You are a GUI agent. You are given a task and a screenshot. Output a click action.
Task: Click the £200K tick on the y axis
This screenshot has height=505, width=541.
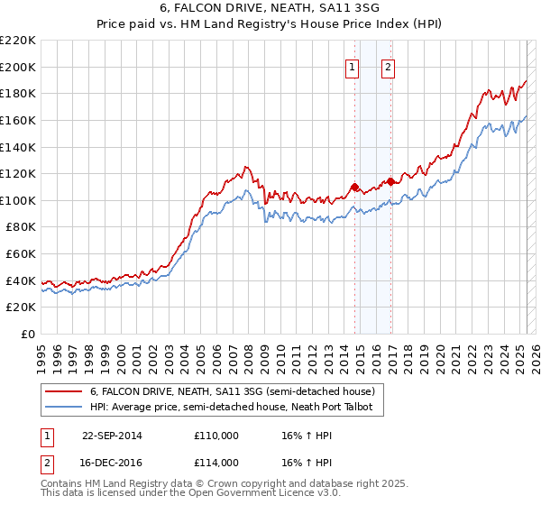(x=18, y=67)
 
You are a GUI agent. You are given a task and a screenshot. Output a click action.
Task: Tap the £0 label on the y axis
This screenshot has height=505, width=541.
(x=28, y=335)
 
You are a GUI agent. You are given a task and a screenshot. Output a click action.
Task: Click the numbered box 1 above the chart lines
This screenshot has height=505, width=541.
(x=351, y=66)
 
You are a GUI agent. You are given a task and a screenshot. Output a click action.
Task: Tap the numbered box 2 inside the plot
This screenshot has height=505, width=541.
(x=389, y=66)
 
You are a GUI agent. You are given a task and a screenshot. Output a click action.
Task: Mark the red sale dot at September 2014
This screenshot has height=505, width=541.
(x=354, y=187)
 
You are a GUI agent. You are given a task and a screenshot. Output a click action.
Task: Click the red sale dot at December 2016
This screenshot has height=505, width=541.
(x=390, y=181)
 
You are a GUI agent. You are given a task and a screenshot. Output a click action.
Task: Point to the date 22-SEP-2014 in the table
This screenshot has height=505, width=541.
(x=112, y=436)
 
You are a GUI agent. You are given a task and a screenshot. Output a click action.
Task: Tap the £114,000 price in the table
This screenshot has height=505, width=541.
(x=216, y=462)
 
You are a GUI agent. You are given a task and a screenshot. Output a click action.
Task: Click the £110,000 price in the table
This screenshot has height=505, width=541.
(x=216, y=436)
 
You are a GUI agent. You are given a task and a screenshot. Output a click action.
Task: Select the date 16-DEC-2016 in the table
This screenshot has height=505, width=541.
(x=112, y=462)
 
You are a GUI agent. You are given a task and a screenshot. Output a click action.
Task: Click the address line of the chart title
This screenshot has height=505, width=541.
(x=270, y=9)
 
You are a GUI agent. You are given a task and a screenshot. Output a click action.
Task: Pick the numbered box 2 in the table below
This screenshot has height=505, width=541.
(x=45, y=462)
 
